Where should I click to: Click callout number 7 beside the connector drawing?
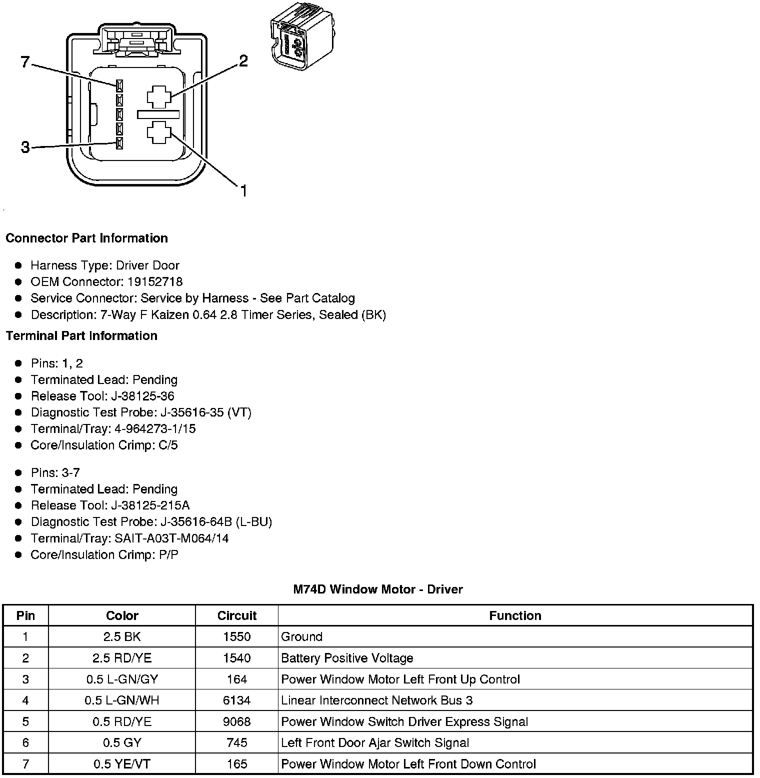25,62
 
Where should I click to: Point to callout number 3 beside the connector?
25,147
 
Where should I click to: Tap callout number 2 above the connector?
243,61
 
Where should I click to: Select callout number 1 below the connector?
243,190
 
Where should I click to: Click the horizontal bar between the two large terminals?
158,114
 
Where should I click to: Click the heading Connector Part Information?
86,238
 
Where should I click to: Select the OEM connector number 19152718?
155,281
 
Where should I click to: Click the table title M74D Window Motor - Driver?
377,589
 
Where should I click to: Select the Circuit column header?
236,615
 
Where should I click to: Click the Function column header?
515,615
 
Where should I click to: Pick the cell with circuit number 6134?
236,700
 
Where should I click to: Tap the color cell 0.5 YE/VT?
122,764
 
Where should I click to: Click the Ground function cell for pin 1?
302,636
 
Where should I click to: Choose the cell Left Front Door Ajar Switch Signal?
375,743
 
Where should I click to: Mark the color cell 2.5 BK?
122,636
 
